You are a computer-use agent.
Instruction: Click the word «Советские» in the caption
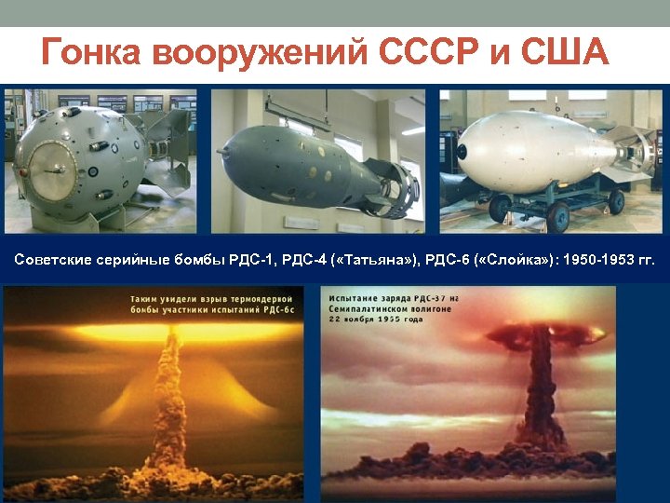pyautogui.click(x=52, y=259)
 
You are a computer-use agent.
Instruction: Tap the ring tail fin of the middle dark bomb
pyautogui.click(x=396, y=190)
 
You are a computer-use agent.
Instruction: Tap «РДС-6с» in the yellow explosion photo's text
pyautogui.click(x=276, y=308)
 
